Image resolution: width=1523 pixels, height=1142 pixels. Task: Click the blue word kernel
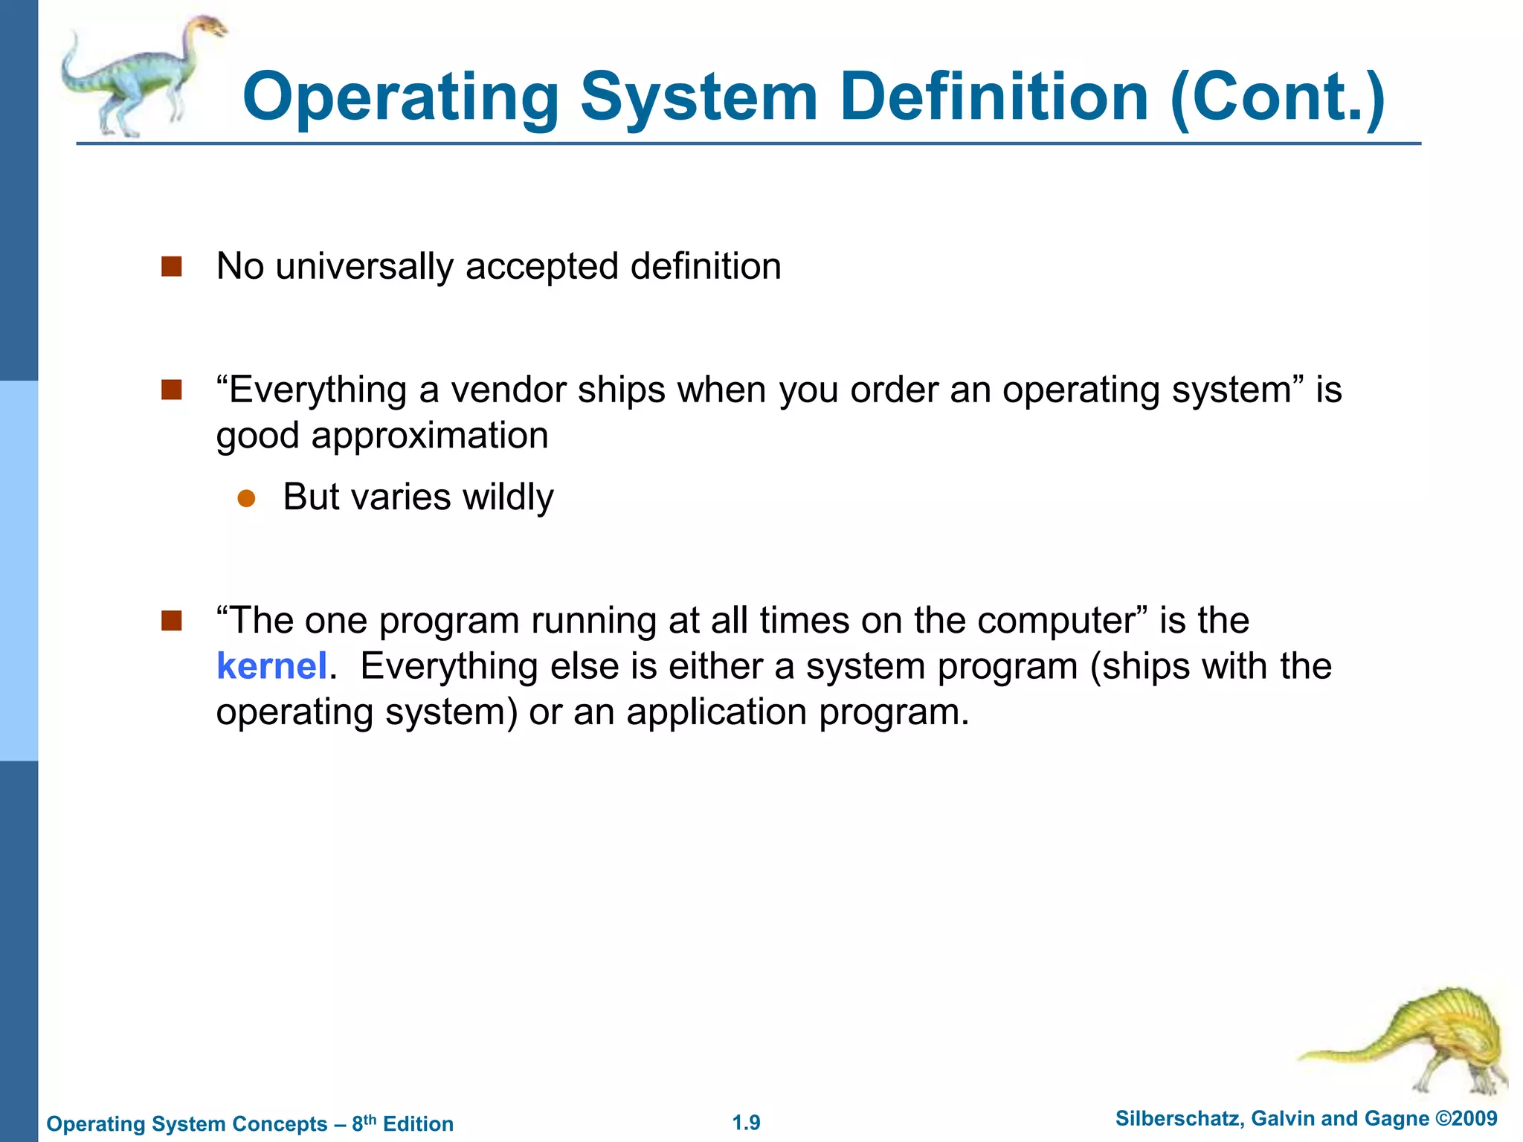[271, 666]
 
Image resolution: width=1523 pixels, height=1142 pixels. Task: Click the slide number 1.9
[746, 1123]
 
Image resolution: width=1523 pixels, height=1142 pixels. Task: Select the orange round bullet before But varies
[246, 498]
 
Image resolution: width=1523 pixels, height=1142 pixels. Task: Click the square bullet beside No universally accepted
[172, 266]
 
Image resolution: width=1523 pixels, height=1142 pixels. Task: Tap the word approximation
[429, 436]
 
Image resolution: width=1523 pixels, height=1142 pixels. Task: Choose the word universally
[364, 267]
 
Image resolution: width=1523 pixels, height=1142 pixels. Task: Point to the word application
[716, 712]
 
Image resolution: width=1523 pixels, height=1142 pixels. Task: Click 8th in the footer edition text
[364, 1123]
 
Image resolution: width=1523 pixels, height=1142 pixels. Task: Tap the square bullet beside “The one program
[172, 620]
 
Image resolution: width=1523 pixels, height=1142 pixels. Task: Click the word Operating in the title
[401, 98]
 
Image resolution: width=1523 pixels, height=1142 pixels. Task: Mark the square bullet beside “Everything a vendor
[172, 390]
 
